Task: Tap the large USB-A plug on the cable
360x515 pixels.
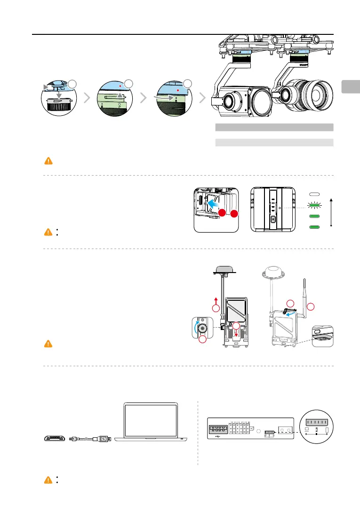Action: (x=102, y=439)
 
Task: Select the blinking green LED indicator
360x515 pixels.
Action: (x=314, y=205)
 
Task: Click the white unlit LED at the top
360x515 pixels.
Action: (x=314, y=194)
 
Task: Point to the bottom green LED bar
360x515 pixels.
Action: (x=314, y=227)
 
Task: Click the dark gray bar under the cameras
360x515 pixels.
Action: (x=274, y=127)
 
